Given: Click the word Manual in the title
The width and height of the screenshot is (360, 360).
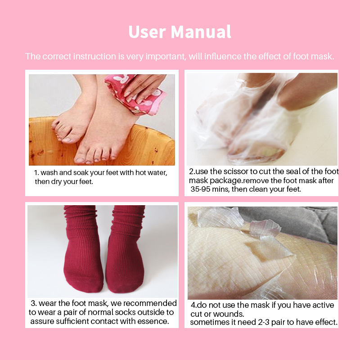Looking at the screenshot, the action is tap(201, 31).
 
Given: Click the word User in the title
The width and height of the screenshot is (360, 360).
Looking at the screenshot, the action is tap(147, 31).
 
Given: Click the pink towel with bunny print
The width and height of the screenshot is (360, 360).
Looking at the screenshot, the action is tap(135, 94).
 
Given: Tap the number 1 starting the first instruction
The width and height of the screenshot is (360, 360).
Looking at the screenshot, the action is tap(36, 173).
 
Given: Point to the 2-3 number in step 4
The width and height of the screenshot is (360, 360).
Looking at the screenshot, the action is tap(263, 322).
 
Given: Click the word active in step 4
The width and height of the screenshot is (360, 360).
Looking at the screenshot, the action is tap(323, 305).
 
